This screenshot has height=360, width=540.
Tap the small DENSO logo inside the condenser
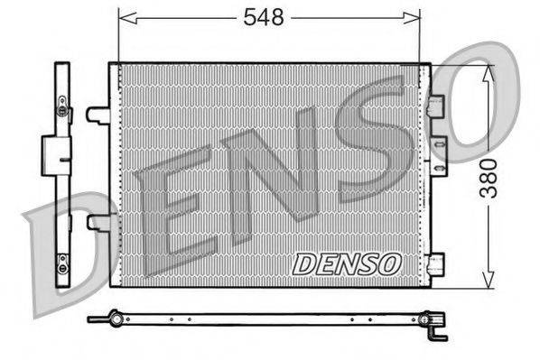[346, 263]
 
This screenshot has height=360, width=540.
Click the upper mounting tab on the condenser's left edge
[96, 115]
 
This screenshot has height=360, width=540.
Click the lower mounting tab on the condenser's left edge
[96, 221]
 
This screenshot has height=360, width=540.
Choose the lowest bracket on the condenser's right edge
[437, 264]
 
